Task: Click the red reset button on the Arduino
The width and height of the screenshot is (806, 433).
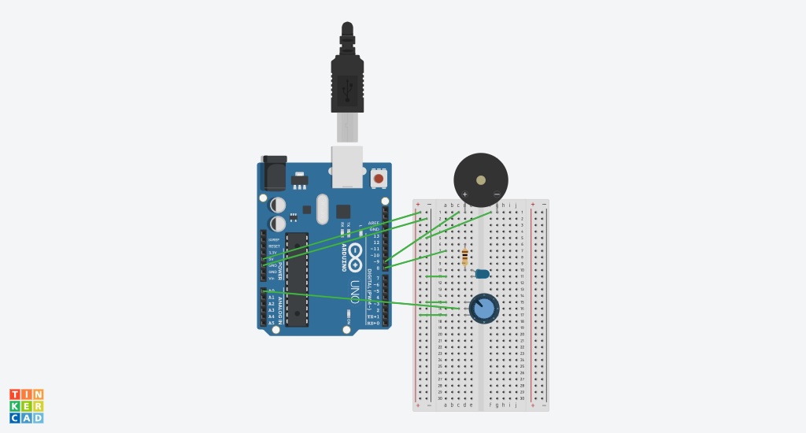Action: (379, 179)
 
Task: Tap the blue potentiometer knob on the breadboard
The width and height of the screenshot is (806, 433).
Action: (484, 307)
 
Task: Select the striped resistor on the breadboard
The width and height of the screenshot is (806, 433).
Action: (465, 257)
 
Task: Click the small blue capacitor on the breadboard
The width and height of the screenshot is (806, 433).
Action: (482, 274)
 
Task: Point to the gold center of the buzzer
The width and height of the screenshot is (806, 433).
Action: (481, 180)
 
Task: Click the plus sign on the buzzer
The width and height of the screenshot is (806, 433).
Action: (464, 194)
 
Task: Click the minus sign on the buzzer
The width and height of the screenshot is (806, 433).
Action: (497, 194)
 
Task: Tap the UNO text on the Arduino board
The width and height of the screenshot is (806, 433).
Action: (354, 291)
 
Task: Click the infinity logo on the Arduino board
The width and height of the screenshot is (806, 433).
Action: (356, 253)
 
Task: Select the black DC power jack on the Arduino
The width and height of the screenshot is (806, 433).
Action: (274, 172)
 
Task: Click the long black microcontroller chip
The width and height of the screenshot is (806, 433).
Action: (297, 279)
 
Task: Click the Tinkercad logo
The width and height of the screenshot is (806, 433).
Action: (26, 405)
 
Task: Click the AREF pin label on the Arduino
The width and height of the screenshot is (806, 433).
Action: (373, 223)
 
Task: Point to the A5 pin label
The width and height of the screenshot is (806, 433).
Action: (272, 323)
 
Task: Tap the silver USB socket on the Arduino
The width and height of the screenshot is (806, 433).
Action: (347, 167)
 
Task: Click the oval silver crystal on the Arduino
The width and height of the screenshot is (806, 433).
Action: (321, 209)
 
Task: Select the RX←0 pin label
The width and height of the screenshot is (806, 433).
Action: (373, 323)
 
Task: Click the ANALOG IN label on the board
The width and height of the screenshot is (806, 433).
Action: (280, 307)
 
